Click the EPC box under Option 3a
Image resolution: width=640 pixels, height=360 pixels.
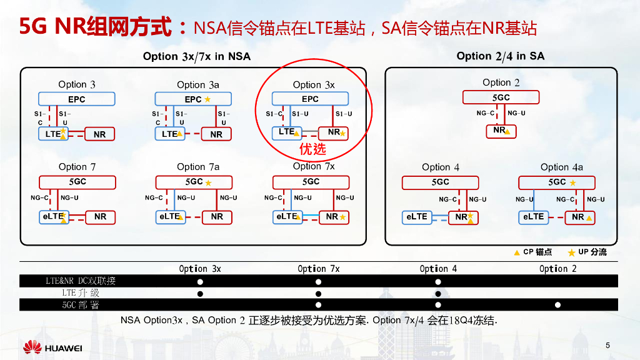click(193, 99)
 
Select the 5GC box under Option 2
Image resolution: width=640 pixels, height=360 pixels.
click(501, 97)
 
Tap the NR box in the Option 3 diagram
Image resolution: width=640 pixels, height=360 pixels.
click(99, 134)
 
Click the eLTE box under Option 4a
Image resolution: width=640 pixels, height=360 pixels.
click(533, 217)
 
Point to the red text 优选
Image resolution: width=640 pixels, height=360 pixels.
click(312, 149)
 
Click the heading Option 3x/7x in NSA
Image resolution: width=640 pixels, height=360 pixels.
click(196, 56)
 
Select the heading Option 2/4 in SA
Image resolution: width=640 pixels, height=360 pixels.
click(500, 56)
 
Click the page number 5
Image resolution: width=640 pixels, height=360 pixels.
click(607, 346)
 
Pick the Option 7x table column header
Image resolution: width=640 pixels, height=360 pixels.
click(318, 269)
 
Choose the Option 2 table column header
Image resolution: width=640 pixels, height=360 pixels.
click(557, 269)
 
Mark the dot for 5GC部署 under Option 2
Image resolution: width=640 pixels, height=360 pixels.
click(557, 305)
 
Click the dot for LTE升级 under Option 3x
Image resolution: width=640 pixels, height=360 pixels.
click(200, 293)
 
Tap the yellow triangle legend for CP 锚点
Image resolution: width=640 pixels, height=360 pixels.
click(517, 252)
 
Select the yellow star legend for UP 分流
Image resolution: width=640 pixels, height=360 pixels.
click(571, 252)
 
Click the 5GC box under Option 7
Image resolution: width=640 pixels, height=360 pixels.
click(77, 181)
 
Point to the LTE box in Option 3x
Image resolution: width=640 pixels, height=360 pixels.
click(287, 132)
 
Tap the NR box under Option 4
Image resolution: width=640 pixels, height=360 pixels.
click(463, 217)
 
